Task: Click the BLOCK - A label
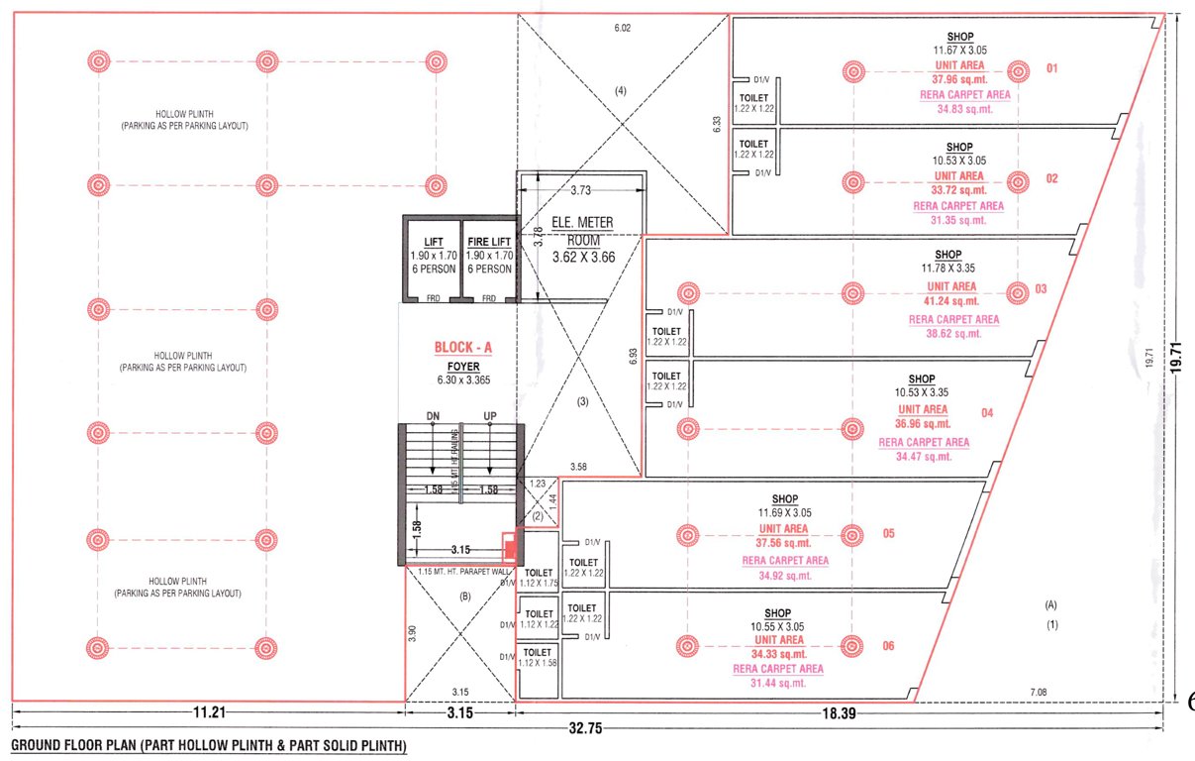462,348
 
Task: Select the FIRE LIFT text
488,241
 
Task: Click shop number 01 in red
1052,68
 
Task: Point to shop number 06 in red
888,646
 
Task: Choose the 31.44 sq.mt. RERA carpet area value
777,683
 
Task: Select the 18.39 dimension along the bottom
838,710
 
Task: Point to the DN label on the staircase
433,416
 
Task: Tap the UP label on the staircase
488,416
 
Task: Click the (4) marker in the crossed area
621,91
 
